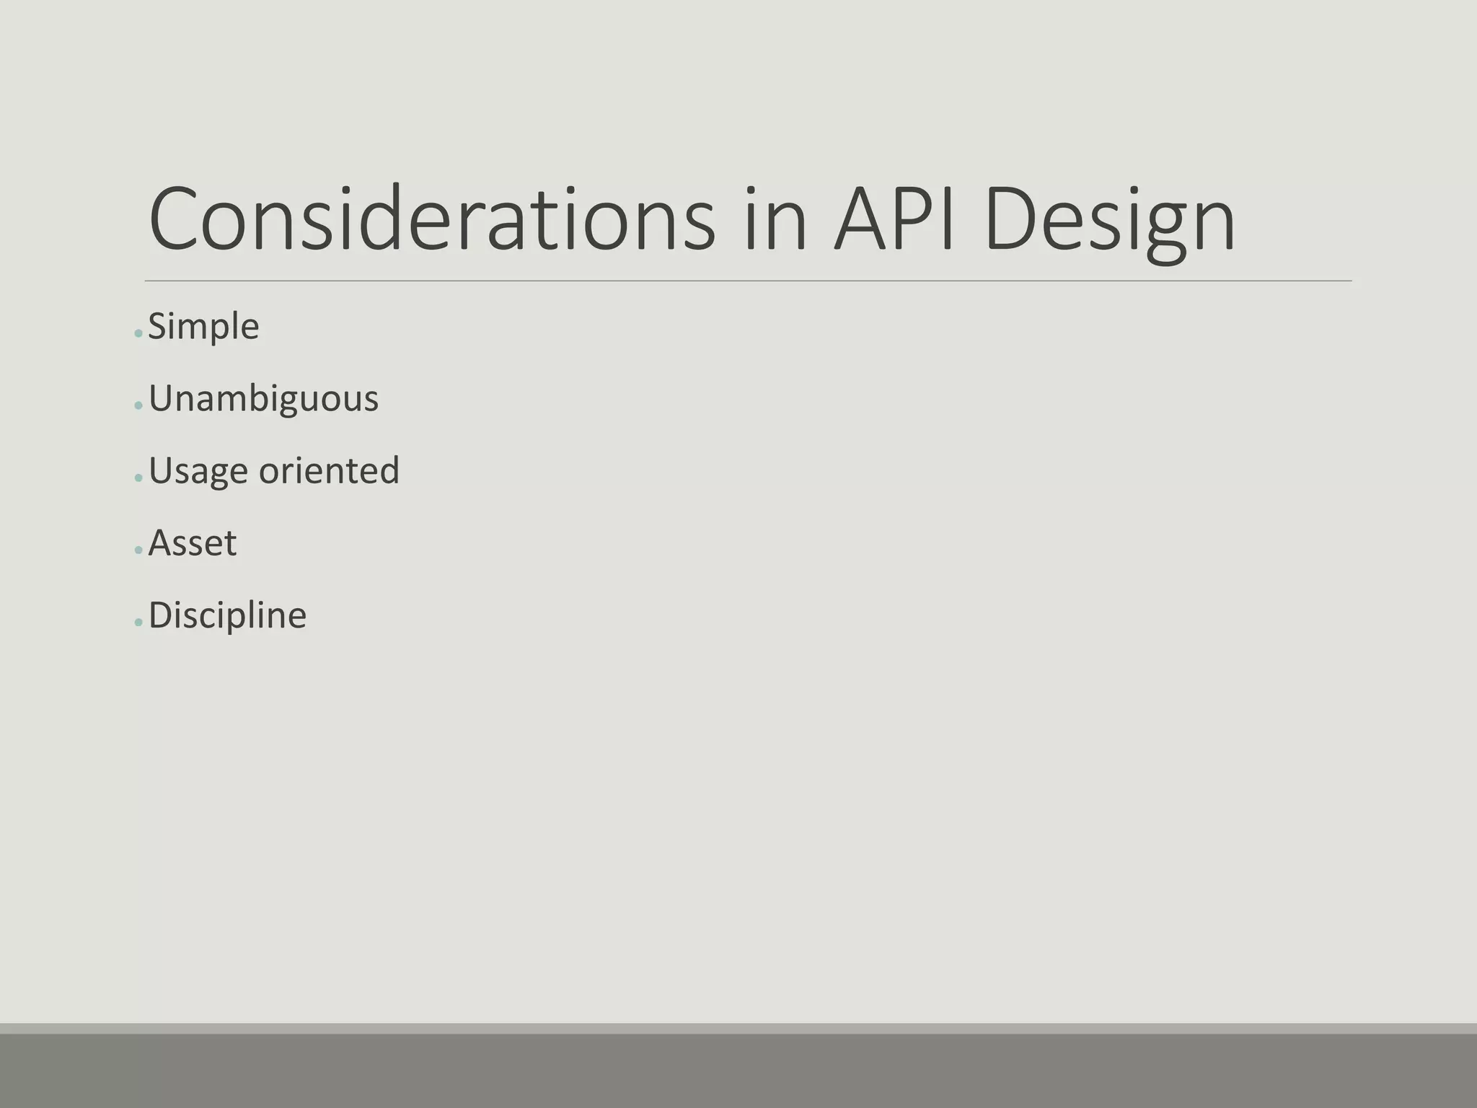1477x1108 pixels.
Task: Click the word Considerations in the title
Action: tap(432, 219)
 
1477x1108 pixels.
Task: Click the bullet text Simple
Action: tap(203, 327)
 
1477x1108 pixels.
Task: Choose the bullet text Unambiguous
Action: tap(263, 399)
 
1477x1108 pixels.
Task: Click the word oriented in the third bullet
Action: tap(329, 470)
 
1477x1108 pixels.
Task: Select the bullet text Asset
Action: tap(192, 543)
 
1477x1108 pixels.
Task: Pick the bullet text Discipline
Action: tap(227, 615)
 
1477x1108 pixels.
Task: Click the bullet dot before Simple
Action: tap(138, 334)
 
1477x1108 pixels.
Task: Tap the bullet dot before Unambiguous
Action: tap(138, 406)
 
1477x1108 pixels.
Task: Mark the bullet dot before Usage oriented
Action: tap(138, 478)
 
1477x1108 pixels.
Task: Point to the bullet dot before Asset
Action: tap(138, 550)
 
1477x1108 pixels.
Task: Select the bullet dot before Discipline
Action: tap(138, 623)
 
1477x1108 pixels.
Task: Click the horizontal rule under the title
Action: tap(748, 281)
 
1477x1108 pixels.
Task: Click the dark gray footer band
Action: tap(738, 1071)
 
